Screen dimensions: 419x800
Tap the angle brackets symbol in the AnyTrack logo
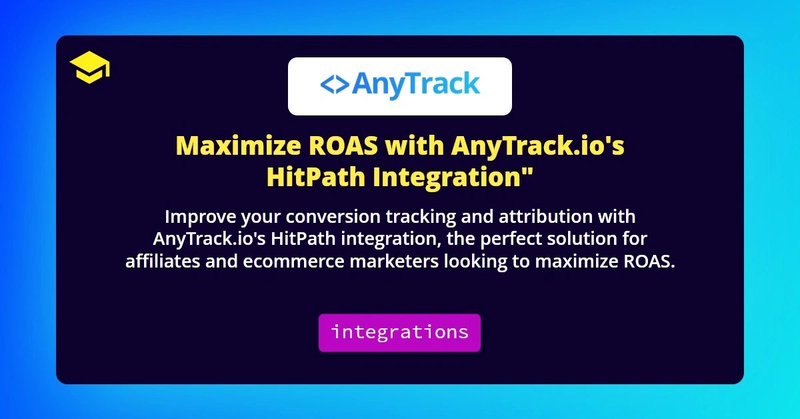tap(333, 85)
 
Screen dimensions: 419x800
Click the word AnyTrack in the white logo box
tap(415, 85)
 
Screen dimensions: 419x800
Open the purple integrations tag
tap(399, 332)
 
